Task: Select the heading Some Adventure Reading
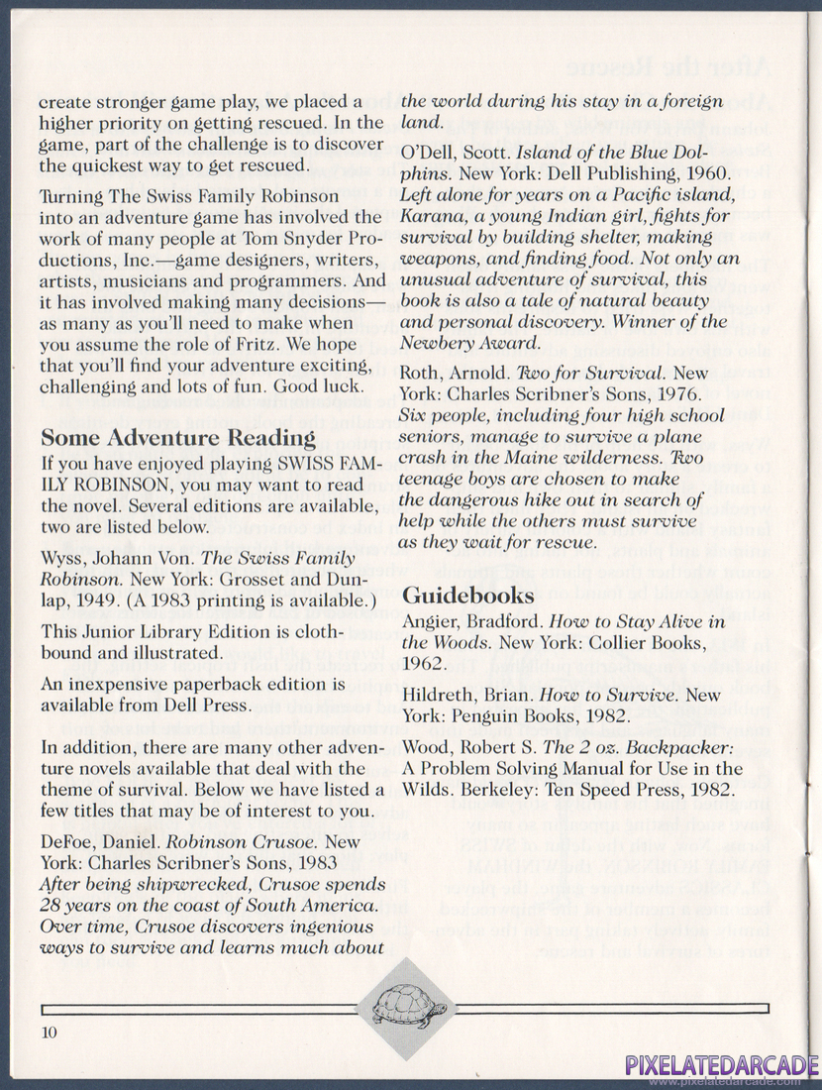tap(178, 438)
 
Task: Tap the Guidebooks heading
tap(468, 596)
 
